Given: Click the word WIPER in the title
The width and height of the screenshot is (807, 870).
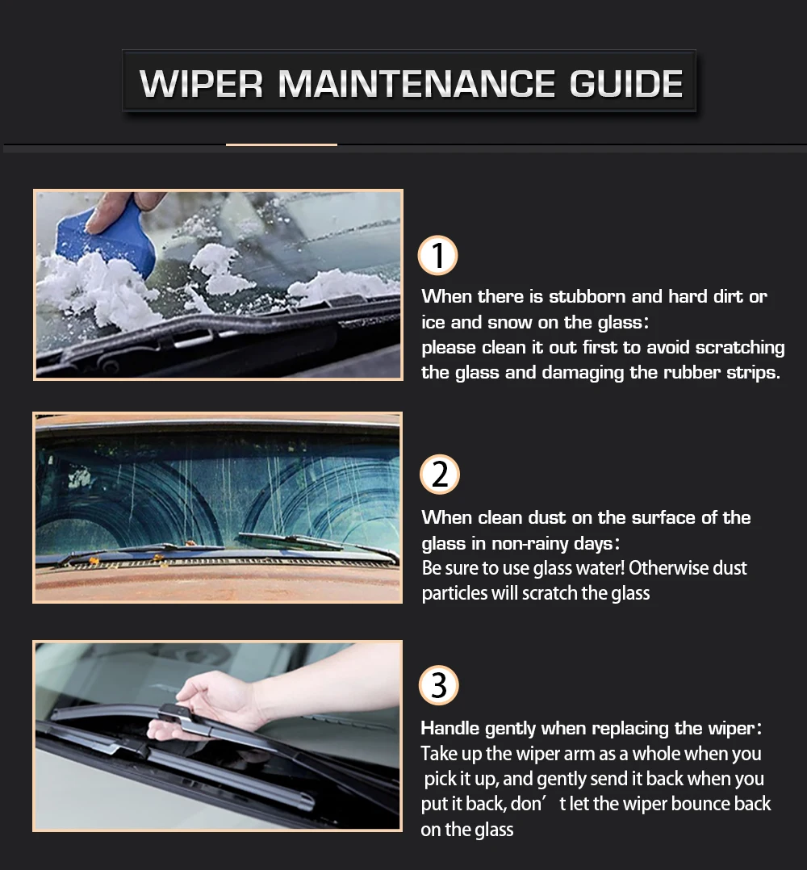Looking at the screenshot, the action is coord(201,84).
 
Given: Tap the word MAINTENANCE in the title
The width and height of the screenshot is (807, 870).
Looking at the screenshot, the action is coord(416,84).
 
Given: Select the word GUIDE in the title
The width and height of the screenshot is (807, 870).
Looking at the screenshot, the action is coord(626,84).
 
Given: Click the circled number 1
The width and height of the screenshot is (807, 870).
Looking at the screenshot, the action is coord(437,255).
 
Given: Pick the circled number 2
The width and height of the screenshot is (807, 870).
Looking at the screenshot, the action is coord(440,475).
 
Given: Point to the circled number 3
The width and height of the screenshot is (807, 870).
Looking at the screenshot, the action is coord(439,685).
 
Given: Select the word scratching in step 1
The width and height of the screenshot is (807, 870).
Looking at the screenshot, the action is coord(740,348).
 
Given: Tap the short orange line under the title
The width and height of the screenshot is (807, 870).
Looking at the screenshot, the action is coord(281,144).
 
